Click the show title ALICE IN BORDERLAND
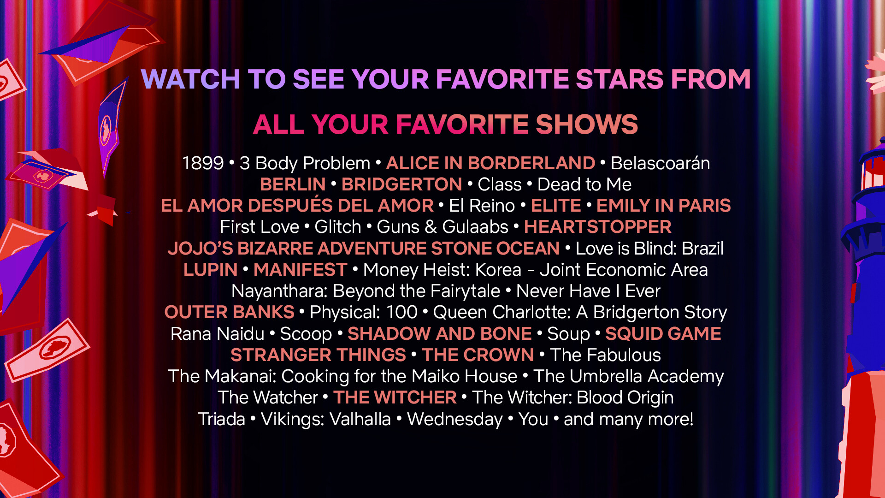(x=490, y=163)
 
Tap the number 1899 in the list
(x=203, y=163)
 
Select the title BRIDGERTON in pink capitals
(x=401, y=184)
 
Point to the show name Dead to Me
(x=584, y=184)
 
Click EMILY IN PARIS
(x=664, y=206)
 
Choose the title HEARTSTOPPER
(x=598, y=227)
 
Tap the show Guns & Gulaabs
(x=442, y=227)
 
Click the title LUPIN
(x=211, y=270)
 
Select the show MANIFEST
(x=300, y=270)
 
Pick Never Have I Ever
(x=588, y=291)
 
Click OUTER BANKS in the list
(x=230, y=312)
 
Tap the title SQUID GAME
(x=663, y=334)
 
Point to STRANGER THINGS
(x=318, y=355)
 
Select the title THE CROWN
(x=478, y=355)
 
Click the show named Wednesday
(x=455, y=419)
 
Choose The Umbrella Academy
(x=629, y=376)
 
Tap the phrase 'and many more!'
(x=629, y=419)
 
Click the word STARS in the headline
(x=620, y=79)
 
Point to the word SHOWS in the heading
(x=587, y=125)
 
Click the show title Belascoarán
(x=661, y=163)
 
